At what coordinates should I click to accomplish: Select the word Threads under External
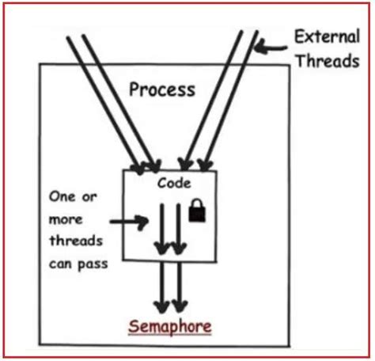[x=326, y=60]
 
